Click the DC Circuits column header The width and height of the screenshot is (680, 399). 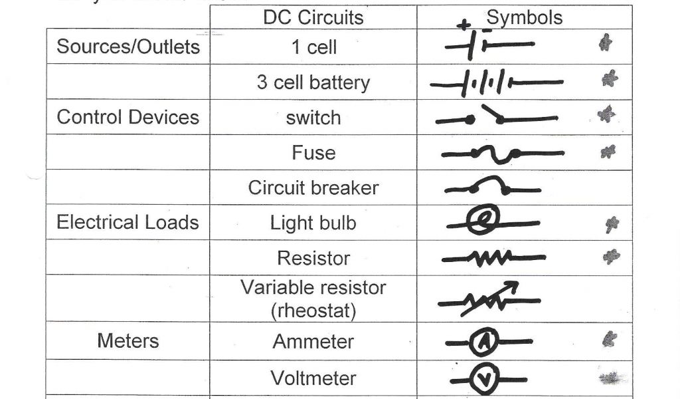313,17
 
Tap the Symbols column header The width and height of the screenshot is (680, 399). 525,17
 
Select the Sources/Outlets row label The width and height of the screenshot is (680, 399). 128,47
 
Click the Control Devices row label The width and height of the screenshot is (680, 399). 128,117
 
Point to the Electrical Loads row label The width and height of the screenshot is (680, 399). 127,222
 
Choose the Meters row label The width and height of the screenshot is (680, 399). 128,341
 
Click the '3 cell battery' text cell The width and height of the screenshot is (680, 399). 313,82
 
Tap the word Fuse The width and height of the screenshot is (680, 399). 313,153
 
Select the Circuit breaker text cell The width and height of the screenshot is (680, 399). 313,188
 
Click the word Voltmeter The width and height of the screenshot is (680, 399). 313,378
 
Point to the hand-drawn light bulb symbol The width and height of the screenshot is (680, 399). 479,221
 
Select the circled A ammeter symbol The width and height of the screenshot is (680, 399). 483,342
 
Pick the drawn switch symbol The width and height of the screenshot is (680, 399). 495,118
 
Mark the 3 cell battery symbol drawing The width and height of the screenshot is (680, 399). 495,83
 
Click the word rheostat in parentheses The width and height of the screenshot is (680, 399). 313,311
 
